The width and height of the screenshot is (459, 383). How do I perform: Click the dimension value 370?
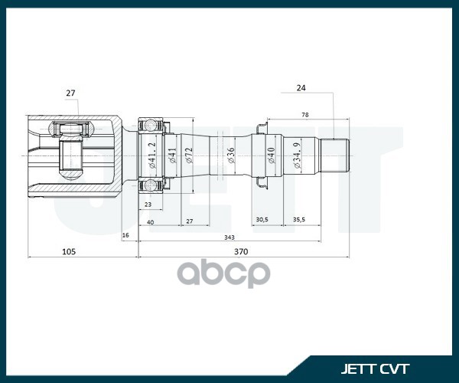(x=241, y=251)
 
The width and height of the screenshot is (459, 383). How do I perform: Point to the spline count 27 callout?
(x=70, y=93)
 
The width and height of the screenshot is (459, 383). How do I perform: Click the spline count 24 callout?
(x=301, y=88)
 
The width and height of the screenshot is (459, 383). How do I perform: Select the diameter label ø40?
(x=270, y=156)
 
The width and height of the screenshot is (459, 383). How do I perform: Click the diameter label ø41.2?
(x=152, y=155)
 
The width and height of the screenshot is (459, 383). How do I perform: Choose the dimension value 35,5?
(x=299, y=219)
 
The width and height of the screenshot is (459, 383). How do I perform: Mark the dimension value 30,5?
(x=262, y=219)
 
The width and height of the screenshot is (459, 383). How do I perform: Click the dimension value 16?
(x=126, y=235)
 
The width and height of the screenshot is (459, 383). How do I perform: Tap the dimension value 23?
(x=147, y=205)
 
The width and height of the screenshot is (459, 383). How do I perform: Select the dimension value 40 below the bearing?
(x=151, y=222)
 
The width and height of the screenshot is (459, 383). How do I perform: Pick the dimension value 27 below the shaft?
(x=190, y=222)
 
